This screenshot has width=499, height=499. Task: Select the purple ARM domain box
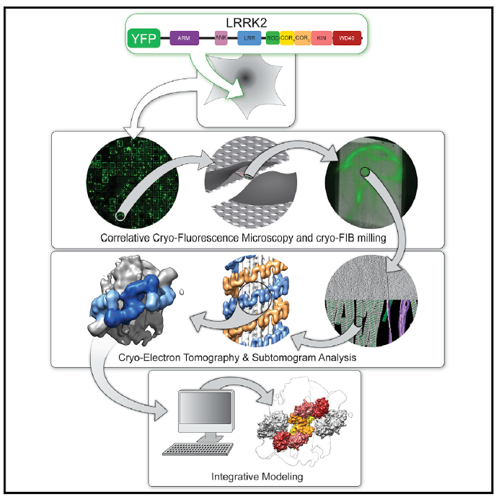[x=185, y=40]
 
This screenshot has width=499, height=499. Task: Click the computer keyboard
[x=188, y=449]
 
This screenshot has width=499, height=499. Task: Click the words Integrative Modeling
[x=249, y=476]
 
